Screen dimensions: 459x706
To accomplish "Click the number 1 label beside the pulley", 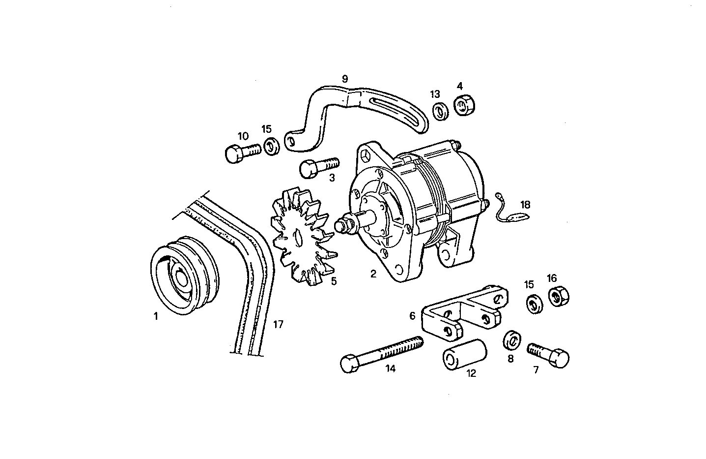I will point(156,317).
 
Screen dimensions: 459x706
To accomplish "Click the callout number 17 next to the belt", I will point(278,324).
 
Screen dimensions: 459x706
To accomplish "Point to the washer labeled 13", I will point(440,111).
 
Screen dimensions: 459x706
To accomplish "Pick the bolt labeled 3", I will point(318,166).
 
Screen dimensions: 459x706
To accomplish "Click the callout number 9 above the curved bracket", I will point(344,79).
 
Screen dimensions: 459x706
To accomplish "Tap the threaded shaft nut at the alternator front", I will point(343,225).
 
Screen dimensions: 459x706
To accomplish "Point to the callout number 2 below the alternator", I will point(373,275).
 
